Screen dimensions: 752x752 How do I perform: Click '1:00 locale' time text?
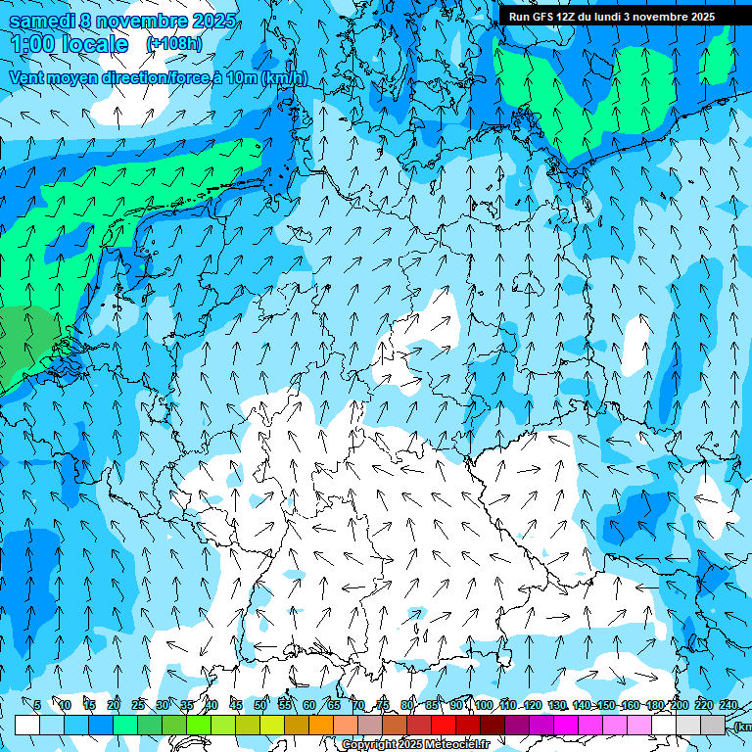(x=70, y=45)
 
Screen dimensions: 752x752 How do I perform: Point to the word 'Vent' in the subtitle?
(x=27, y=78)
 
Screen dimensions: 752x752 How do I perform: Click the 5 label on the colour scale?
(x=37, y=705)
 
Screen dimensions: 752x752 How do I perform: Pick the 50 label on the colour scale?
(x=260, y=705)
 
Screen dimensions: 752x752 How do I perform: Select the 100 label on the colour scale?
(x=484, y=705)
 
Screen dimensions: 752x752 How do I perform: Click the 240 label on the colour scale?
(x=728, y=705)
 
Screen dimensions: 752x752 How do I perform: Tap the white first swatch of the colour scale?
(x=27, y=726)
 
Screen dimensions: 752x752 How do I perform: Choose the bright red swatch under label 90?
(x=444, y=726)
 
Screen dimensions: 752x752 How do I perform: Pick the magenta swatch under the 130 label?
(x=566, y=726)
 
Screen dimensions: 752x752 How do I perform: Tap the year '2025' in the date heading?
(x=213, y=21)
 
